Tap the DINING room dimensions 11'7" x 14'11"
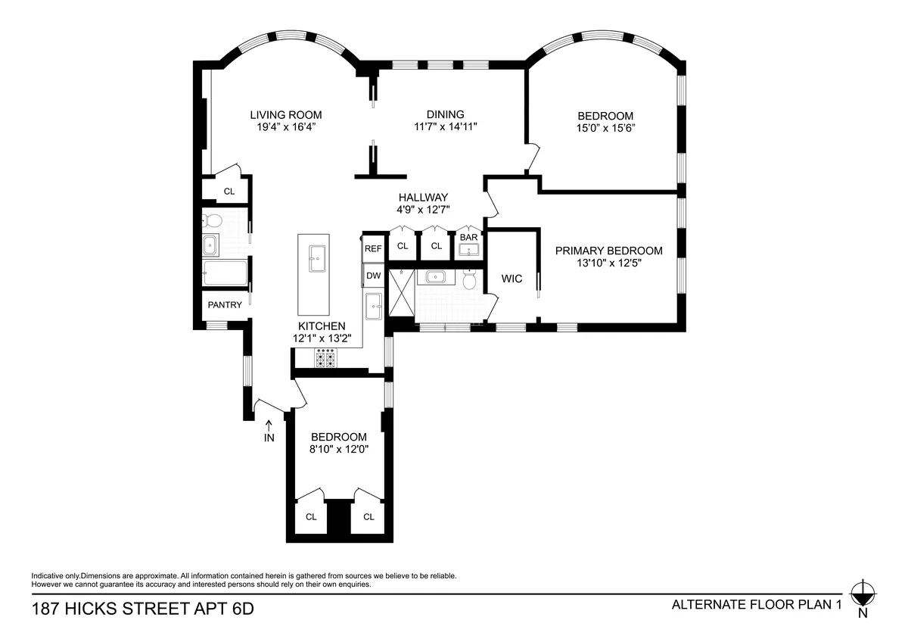pyautogui.click(x=446, y=127)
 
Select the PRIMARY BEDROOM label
pyautogui.click(x=608, y=251)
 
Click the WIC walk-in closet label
pyautogui.click(x=512, y=279)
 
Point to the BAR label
pyautogui.click(x=469, y=237)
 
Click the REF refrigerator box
pyautogui.click(x=373, y=248)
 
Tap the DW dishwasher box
pyautogui.click(x=373, y=276)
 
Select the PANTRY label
pyautogui.click(x=225, y=305)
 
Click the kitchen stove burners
pyautogui.click(x=325, y=358)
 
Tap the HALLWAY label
pyautogui.click(x=424, y=197)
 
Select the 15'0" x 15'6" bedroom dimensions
pyautogui.click(x=605, y=128)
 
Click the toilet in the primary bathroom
pyautogui.click(x=469, y=280)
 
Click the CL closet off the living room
pyautogui.click(x=229, y=192)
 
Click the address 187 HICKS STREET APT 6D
pyautogui.click(x=142, y=608)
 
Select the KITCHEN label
pyautogui.click(x=322, y=326)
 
